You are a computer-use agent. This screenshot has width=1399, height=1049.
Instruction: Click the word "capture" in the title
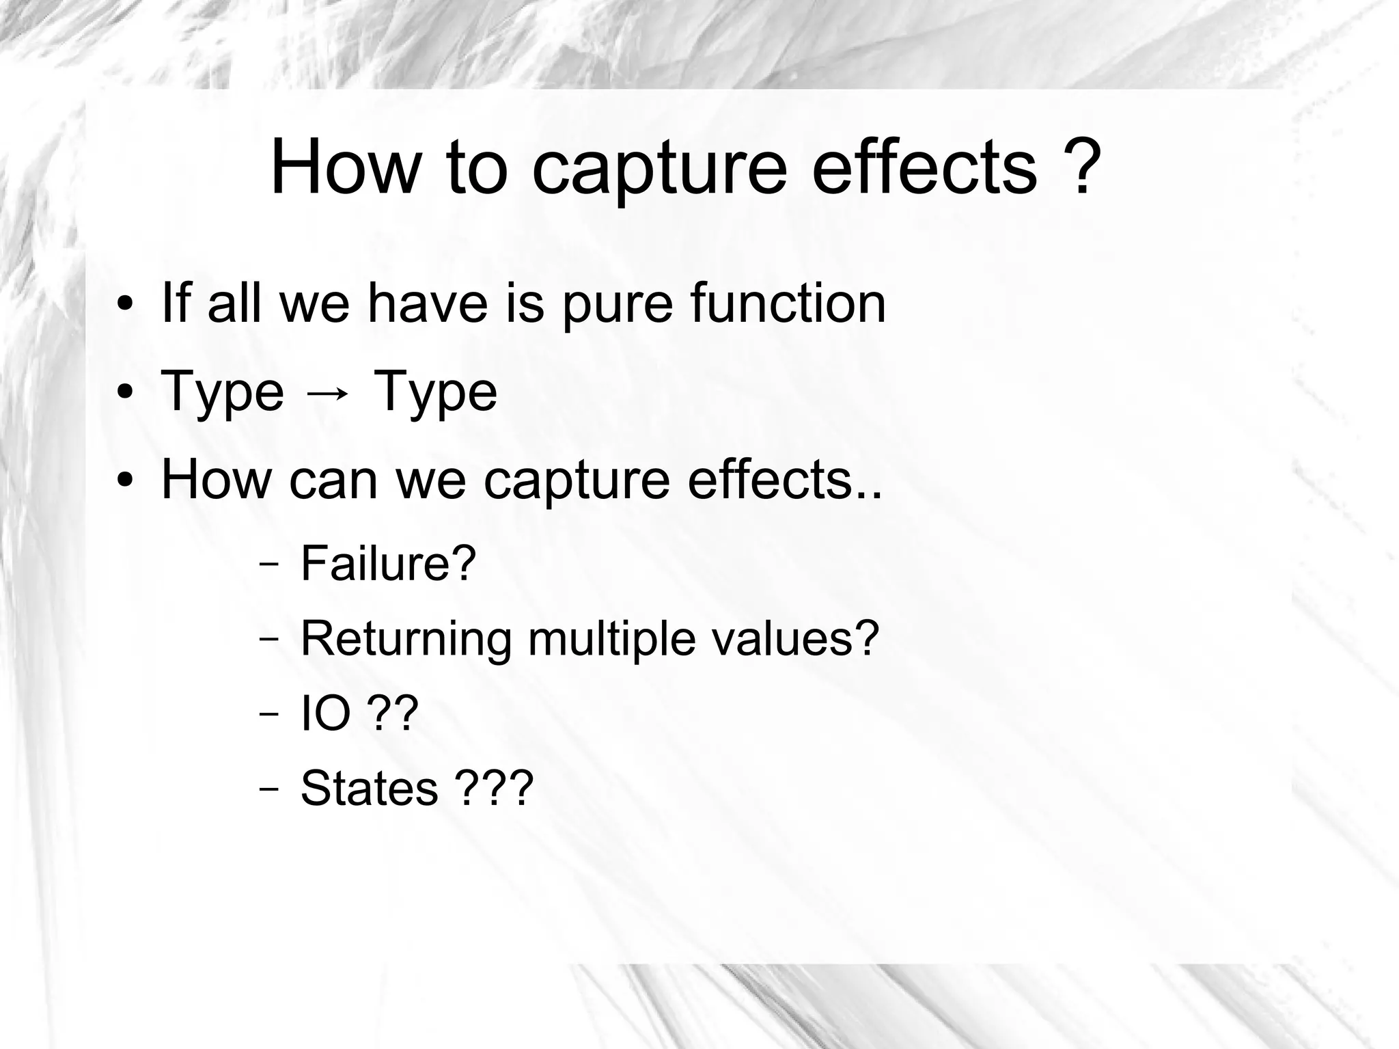(x=659, y=169)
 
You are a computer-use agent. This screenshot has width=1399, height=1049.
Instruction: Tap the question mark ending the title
(x=1081, y=166)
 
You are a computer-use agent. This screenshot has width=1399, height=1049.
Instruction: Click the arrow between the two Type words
(x=328, y=393)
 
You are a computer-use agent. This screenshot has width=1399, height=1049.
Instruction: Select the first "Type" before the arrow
(x=222, y=393)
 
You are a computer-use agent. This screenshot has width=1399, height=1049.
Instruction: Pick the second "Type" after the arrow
(x=436, y=393)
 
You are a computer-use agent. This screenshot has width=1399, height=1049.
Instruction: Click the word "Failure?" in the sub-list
(x=387, y=563)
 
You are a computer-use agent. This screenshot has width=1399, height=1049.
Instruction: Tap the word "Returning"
(x=406, y=640)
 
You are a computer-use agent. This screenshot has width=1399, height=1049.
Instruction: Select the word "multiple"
(x=611, y=640)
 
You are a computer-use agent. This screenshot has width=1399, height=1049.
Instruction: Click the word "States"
(x=369, y=788)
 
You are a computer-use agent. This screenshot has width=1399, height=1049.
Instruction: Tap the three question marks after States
(x=493, y=788)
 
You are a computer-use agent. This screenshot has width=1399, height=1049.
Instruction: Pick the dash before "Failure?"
(x=268, y=566)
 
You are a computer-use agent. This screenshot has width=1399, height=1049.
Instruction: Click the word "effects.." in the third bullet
(x=784, y=480)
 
